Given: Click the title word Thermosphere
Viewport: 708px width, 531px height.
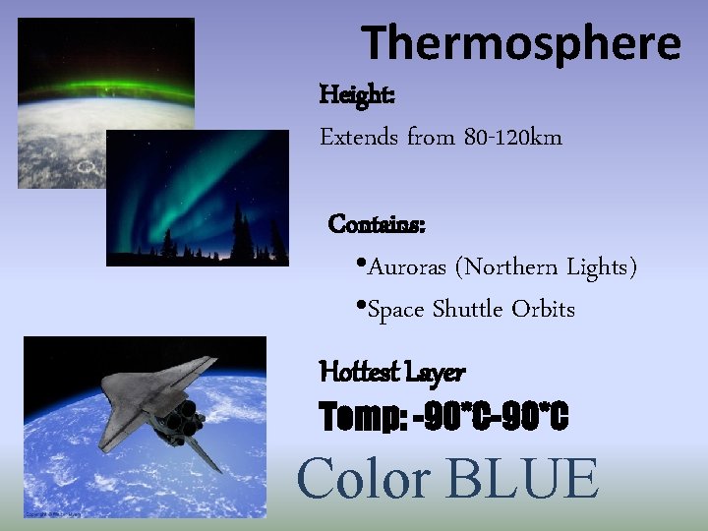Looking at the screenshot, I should pyautogui.click(x=521, y=44).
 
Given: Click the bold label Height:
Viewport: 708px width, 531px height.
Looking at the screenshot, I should pyautogui.click(x=357, y=95).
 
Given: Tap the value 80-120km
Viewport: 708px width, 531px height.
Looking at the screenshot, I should pyautogui.click(x=510, y=138).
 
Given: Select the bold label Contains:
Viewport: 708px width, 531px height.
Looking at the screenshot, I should pyautogui.click(x=377, y=224).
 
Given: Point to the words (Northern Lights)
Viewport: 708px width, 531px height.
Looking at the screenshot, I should pyautogui.click(x=550, y=267).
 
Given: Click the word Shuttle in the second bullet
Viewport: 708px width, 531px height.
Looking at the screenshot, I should pyautogui.click(x=468, y=310).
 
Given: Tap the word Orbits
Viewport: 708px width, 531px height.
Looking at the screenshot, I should pyautogui.click(x=543, y=310).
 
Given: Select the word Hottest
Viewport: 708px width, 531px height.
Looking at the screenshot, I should pyautogui.click(x=359, y=373).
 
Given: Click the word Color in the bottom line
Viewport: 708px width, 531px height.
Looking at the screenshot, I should pyautogui.click(x=364, y=480).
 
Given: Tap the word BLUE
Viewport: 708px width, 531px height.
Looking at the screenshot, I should pyautogui.click(x=521, y=480).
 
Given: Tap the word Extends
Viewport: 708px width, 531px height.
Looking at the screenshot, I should pyautogui.click(x=358, y=138).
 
